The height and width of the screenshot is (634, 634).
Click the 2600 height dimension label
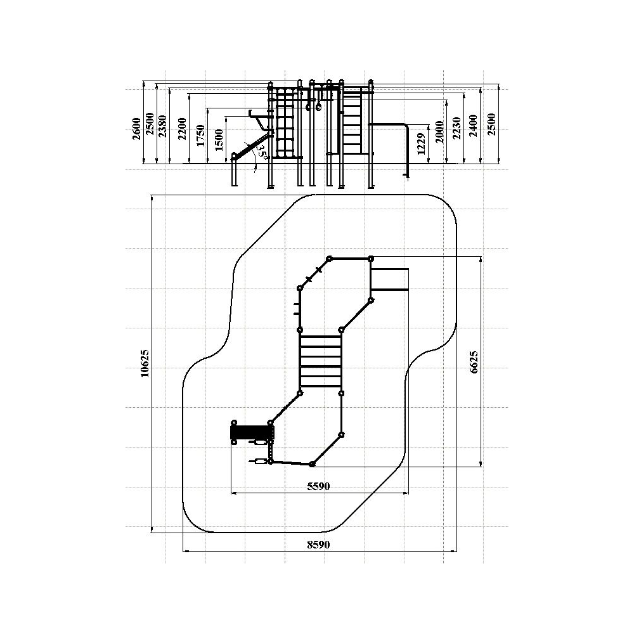coord(137,129)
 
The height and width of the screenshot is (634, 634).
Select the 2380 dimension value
coord(162,126)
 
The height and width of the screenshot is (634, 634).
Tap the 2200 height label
coord(183,129)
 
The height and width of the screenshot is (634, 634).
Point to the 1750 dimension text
coord(200,135)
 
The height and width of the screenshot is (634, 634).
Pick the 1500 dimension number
coord(219,140)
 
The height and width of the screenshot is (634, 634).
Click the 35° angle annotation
coord(262,152)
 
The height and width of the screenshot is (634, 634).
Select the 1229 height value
coord(421,144)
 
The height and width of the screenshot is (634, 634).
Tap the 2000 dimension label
coord(440,132)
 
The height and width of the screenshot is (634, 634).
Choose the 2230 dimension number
coord(457,128)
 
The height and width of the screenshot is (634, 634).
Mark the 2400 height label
coord(474,126)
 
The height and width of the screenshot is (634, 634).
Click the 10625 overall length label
coord(145,363)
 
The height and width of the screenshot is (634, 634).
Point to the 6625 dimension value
coord(474,362)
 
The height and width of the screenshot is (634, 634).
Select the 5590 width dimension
coord(319,486)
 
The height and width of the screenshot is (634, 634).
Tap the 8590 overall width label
coord(319,545)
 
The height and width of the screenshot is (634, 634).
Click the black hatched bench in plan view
coord(251,432)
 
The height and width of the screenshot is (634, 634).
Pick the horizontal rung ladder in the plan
coord(321,361)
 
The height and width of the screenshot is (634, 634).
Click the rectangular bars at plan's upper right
coord(389,279)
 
